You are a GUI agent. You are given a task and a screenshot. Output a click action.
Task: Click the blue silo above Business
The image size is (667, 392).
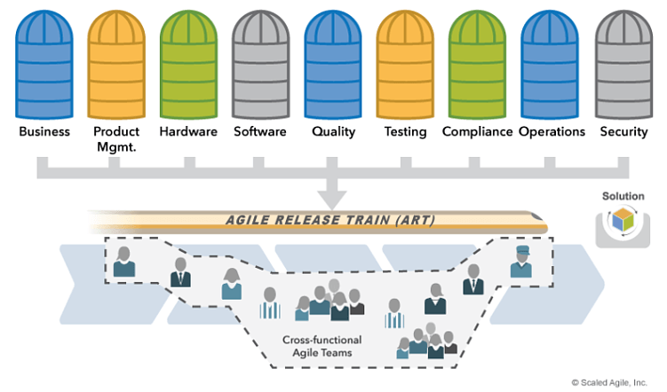(x=44, y=62)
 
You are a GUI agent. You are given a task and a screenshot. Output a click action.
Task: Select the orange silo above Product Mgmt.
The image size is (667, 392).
(x=116, y=62)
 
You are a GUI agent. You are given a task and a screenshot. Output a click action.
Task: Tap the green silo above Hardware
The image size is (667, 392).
(x=188, y=62)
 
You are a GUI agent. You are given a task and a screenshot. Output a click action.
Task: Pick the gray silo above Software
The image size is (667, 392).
(x=260, y=62)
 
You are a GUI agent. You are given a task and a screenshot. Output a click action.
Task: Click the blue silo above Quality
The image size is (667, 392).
(x=333, y=62)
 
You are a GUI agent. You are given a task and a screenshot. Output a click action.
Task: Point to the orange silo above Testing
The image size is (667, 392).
(x=405, y=62)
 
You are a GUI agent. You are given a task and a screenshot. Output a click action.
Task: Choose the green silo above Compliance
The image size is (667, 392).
(x=477, y=62)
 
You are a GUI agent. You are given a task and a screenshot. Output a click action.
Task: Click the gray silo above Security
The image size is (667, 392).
(x=623, y=62)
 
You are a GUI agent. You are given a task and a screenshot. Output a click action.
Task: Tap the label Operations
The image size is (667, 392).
(x=552, y=131)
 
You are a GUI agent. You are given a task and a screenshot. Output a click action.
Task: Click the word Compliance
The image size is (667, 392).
(x=477, y=131)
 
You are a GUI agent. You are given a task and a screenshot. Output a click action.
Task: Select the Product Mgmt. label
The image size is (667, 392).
(x=116, y=139)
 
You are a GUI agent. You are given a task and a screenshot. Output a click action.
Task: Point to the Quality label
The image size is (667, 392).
(x=333, y=131)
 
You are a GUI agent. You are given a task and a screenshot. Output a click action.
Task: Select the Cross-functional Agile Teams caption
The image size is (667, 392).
(x=317, y=346)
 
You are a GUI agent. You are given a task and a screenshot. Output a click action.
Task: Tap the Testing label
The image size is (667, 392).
(x=405, y=131)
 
